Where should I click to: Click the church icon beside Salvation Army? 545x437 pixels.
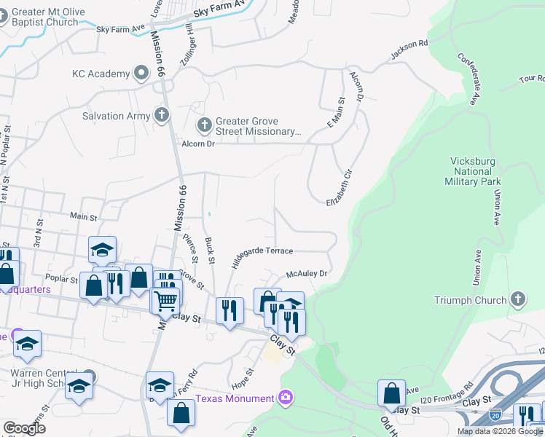(x=161, y=115)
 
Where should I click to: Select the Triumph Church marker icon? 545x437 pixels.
(x=517, y=299)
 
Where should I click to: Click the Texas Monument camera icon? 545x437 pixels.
(x=286, y=398)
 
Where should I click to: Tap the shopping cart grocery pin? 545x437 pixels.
(x=166, y=299)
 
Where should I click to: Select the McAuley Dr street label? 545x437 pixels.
(x=307, y=274)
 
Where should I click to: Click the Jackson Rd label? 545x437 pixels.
(x=409, y=49)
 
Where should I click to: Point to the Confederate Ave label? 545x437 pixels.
(x=471, y=75)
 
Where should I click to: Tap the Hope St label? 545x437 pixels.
(x=243, y=380)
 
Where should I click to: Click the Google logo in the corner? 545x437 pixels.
(x=24, y=428)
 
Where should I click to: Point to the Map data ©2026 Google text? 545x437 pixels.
(x=500, y=431)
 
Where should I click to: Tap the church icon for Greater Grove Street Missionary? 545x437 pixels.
(x=203, y=125)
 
